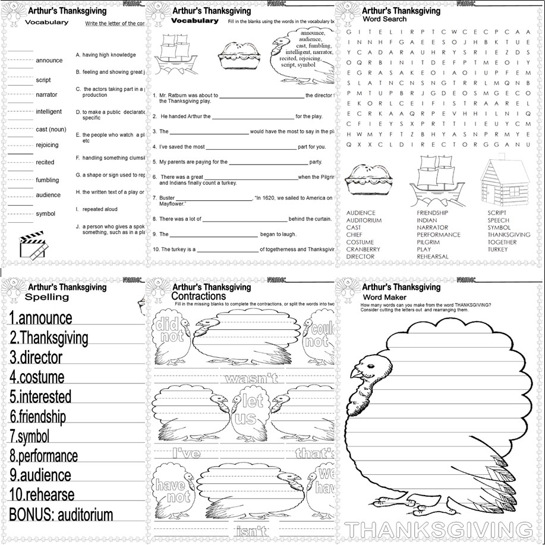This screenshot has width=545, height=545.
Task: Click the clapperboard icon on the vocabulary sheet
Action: [x=33, y=245]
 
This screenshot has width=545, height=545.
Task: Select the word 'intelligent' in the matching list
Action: [x=48, y=112]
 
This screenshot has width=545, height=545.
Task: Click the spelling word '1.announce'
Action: [x=40, y=319]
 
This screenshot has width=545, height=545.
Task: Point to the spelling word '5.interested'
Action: [x=40, y=396]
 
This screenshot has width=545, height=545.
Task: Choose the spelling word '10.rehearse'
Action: [x=42, y=494]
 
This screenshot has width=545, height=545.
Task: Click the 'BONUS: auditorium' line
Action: [x=61, y=514]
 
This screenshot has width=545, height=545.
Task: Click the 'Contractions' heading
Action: [x=198, y=295]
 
